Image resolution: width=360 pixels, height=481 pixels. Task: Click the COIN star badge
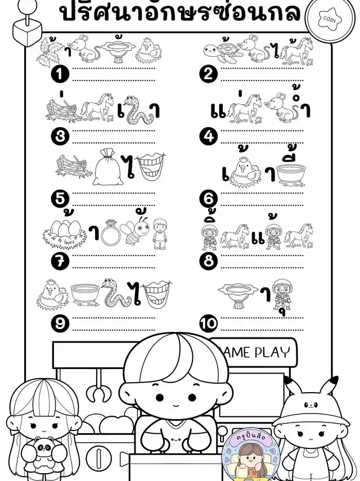(x=330, y=20)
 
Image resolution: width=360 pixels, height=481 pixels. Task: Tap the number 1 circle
(x=60, y=74)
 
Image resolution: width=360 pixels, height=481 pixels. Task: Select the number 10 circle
(x=209, y=323)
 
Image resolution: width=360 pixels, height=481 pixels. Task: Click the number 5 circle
(x=60, y=199)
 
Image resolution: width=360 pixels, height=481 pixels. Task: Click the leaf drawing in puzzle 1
(x=49, y=53)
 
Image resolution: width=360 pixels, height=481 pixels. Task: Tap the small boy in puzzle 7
(x=159, y=234)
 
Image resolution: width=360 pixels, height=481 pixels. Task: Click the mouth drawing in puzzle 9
(x=157, y=294)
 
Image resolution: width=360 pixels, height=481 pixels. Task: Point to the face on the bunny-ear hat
(x=311, y=405)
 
